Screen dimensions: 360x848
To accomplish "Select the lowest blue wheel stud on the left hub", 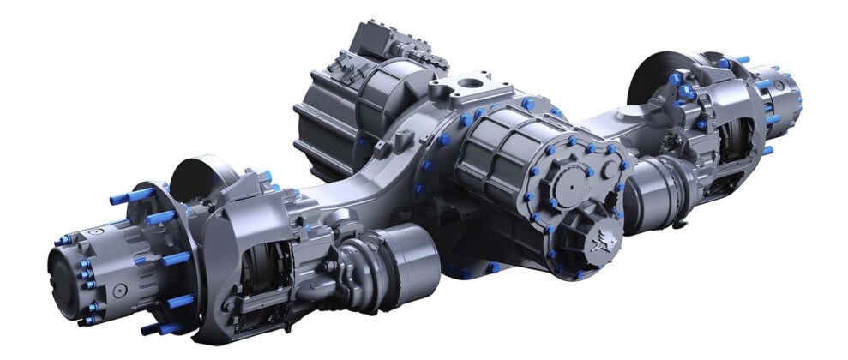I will [153, 328].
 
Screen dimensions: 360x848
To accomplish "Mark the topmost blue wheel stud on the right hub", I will [737, 59].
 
